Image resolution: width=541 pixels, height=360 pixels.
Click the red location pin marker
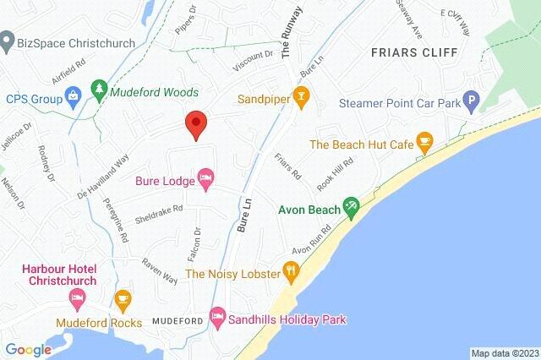pyautogui.click(x=196, y=124)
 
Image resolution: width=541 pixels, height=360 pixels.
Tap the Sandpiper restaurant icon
pyautogui.click(x=298, y=97)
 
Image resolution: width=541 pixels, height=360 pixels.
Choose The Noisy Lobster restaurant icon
pyautogui.click(x=291, y=272)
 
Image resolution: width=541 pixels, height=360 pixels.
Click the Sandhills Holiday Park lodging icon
pyautogui.click(x=217, y=319)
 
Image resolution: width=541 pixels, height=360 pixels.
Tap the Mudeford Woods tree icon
pyautogui.click(x=100, y=90)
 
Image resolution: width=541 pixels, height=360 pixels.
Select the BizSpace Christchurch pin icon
pyautogui.click(x=8, y=40)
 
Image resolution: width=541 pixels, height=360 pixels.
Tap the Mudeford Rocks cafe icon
pyautogui.click(x=122, y=297)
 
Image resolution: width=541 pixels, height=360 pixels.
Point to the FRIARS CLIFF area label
pyautogui.click(x=413, y=52)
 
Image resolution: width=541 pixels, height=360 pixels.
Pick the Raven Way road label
pyautogui.click(x=160, y=270)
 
